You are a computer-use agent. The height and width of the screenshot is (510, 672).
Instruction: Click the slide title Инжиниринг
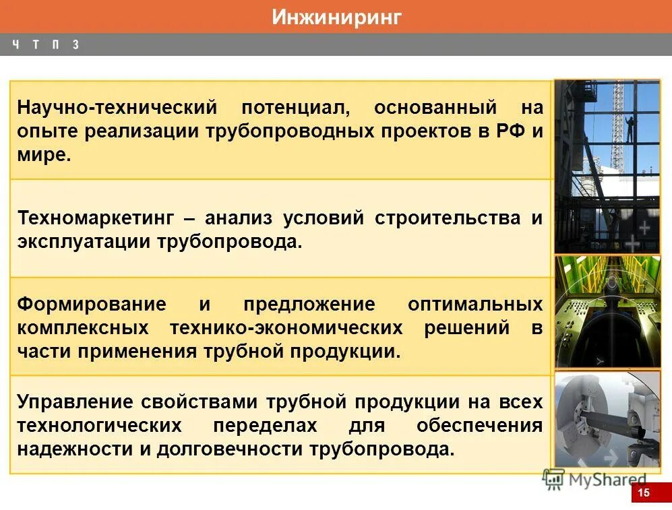click(x=336, y=17)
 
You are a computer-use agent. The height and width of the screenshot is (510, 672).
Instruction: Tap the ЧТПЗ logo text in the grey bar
click(x=45, y=45)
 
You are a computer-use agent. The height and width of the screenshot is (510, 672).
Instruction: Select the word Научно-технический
click(x=117, y=108)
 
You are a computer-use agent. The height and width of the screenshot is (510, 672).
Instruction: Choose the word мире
click(x=43, y=154)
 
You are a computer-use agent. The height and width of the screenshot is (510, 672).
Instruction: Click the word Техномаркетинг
click(x=96, y=218)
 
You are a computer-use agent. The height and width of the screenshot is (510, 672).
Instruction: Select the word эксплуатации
click(x=84, y=241)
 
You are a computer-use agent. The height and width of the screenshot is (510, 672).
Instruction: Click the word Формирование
click(x=92, y=304)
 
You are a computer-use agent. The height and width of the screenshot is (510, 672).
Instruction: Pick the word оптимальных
click(x=475, y=304)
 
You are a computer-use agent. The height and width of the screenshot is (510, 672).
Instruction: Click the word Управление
click(x=75, y=402)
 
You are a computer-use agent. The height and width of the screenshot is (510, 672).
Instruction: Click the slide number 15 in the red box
click(x=644, y=493)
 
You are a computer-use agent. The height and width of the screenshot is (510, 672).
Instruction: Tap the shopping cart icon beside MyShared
click(x=553, y=478)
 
